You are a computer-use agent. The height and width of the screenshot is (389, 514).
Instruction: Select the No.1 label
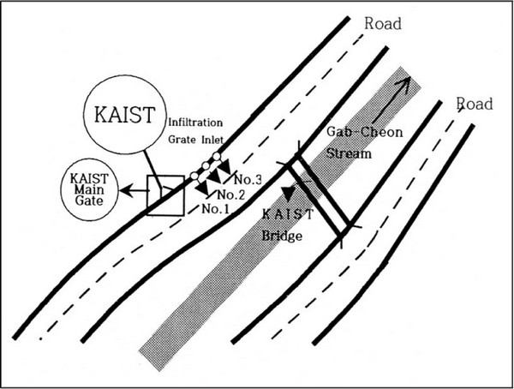point(217,208)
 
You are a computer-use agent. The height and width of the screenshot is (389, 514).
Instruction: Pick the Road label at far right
point(474,104)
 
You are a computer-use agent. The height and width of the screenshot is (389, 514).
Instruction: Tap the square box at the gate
point(165,194)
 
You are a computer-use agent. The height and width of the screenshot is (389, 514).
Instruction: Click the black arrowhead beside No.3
point(225,177)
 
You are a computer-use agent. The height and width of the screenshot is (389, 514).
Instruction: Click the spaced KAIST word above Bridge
point(288,215)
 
